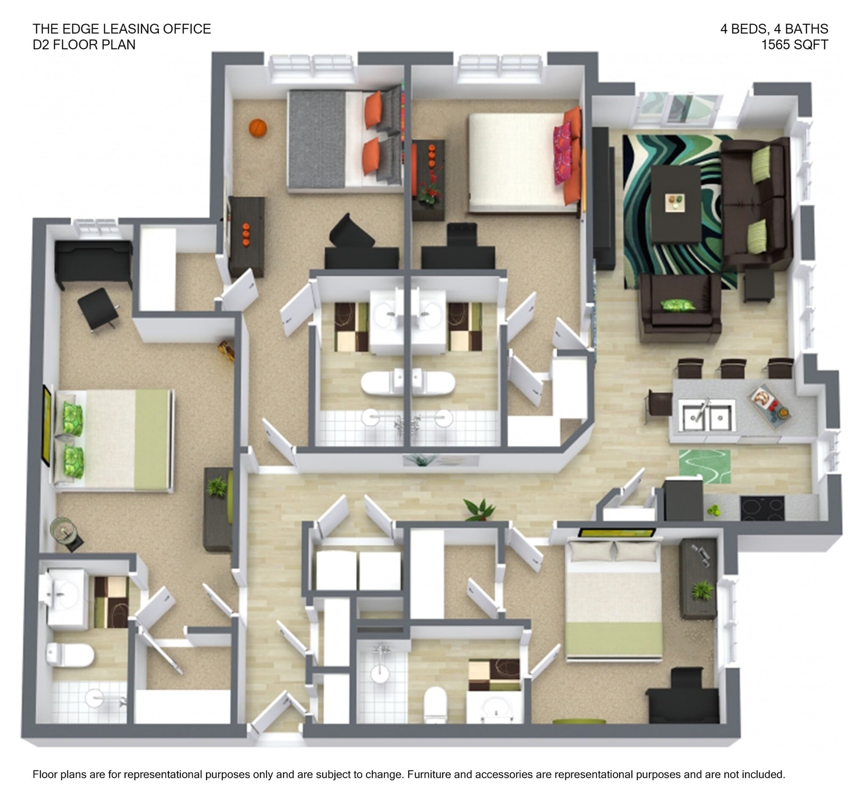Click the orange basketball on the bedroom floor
(x=258, y=128)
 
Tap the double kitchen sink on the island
(x=706, y=415)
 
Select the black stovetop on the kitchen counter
(x=762, y=508)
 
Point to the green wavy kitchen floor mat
(x=705, y=466)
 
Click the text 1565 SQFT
(x=794, y=45)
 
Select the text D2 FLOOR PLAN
(x=84, y=45)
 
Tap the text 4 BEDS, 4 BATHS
(x=774, y=29)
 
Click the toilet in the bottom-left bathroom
(x=70, y=654)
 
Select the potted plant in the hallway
(x=479, y=509)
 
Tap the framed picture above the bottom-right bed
(x=617, y=533)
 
